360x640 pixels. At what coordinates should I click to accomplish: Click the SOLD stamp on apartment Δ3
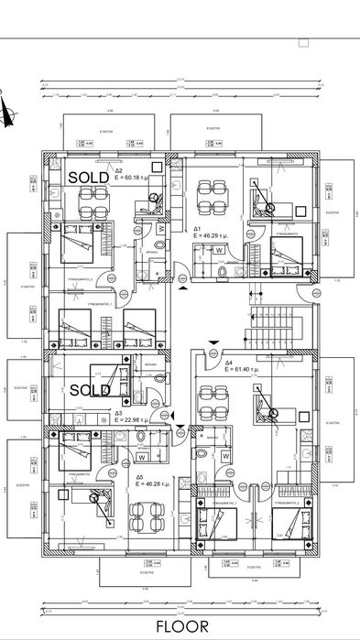pos(91,389)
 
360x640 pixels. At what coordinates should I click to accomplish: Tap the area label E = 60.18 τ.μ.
pos(138,178)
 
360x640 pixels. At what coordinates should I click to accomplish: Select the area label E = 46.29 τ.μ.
pos(216,236)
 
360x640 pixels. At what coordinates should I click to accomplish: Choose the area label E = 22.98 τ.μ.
pos(137,420)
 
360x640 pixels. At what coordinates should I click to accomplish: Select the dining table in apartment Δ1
pos(213,195)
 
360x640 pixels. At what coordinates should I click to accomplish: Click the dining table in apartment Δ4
pos(213,400)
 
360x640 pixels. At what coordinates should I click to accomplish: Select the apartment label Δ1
pos(197,229)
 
